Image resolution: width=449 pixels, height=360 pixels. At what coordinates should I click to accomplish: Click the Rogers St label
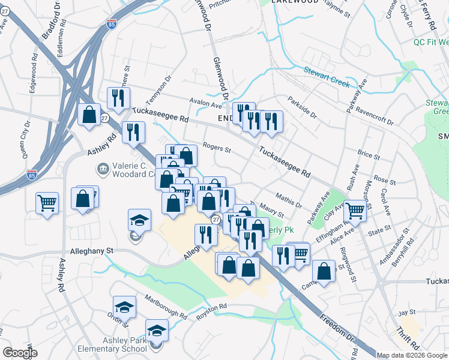point(217,146)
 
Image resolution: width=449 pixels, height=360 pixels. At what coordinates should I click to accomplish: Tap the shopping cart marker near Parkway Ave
point(355,211)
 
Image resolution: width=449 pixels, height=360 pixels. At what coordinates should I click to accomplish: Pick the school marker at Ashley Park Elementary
point(157,330)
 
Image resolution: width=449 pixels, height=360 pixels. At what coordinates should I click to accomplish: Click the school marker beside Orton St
point(124,307)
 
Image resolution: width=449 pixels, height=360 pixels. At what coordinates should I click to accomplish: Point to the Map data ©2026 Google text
point(412,355)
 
